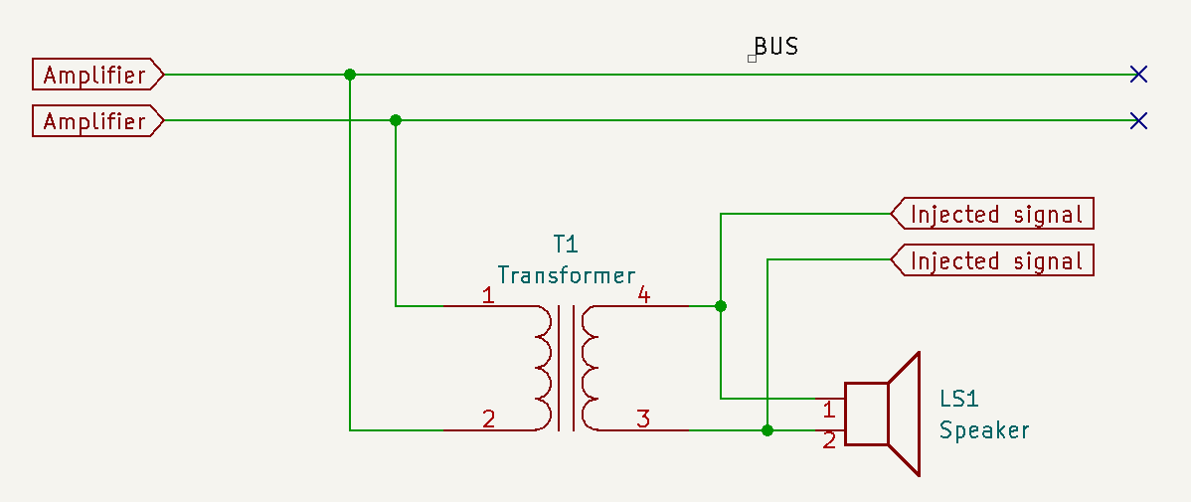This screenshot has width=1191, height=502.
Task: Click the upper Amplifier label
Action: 94,75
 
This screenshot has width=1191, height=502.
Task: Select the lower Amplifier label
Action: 94,121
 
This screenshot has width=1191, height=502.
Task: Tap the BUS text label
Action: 775,47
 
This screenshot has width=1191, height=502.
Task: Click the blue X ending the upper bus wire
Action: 1139,75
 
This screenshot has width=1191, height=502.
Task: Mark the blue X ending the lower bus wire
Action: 1139,121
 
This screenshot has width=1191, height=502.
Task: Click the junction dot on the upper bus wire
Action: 349,75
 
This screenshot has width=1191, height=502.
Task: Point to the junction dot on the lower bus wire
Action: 396,120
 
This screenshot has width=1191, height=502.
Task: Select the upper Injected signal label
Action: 995,214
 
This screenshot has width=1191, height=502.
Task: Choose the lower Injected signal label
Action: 995,260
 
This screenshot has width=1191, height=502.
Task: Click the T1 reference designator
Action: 565,244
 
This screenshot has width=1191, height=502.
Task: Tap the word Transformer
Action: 566,275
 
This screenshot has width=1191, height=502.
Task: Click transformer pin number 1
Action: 487,295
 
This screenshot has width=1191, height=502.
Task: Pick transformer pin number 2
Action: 487,419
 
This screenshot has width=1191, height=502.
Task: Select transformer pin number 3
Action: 643,419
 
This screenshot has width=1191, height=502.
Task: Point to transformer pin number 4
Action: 643,295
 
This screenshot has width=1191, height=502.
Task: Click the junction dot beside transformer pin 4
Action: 721,306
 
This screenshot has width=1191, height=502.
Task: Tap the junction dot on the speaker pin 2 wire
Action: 767,430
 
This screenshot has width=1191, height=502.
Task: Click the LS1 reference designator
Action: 959,400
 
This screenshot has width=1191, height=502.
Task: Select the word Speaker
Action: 984,431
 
